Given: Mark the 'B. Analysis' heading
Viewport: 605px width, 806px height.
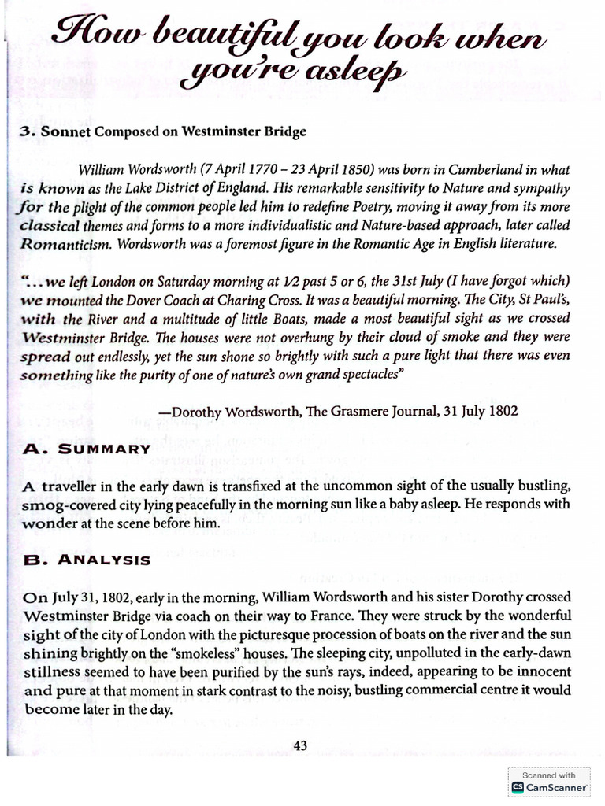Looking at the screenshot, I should (x=87, y=560).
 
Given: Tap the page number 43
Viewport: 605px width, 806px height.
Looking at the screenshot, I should (x=299, y=745).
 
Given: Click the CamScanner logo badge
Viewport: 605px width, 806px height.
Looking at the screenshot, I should (x=549, y=781).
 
